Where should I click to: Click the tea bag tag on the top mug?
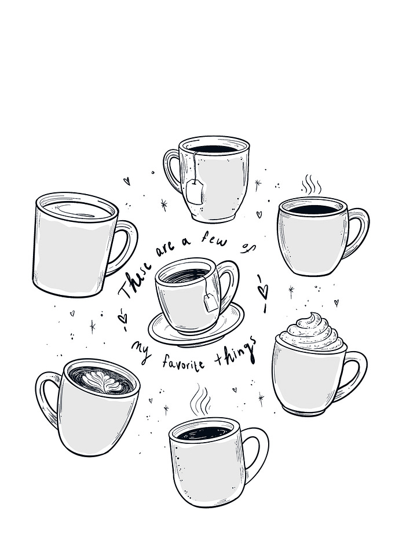pos(195,191)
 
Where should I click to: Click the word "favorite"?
pos(183,362)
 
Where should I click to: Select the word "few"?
pos(214,239)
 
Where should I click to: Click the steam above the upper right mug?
pos(311,185)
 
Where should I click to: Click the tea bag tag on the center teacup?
pos(211,302)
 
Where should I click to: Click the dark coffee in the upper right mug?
pos(313,209)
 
